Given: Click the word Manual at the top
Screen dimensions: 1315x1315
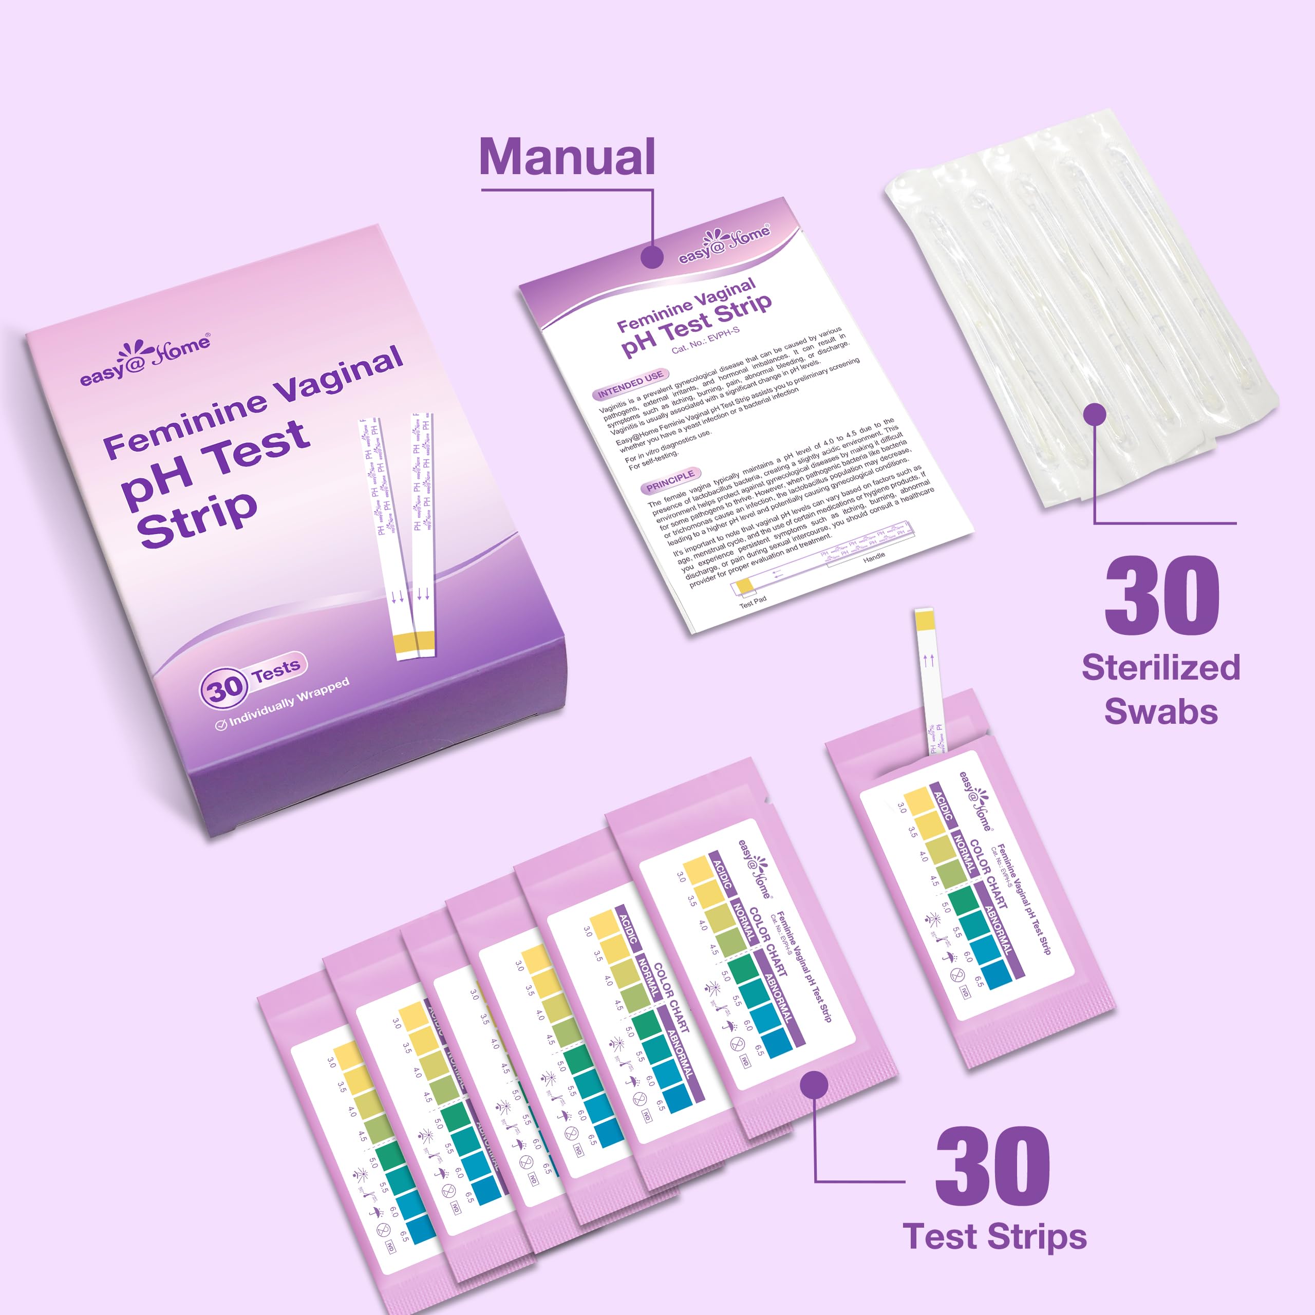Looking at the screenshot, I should tap(567, 157).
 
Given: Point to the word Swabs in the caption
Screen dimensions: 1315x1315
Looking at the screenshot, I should tap(1160, 711).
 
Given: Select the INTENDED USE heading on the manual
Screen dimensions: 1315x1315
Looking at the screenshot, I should tap(630, 383).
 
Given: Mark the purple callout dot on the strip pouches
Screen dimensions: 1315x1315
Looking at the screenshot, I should tap(814, 1085).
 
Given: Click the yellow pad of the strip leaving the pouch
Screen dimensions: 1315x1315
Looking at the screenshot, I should tap(924, 621).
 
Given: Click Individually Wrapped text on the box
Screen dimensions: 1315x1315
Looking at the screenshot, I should tap(289, 702).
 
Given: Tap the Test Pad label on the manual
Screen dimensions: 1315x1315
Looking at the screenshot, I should tap(753, 601).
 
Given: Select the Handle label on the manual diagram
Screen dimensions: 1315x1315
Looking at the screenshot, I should tap(874, 556).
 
